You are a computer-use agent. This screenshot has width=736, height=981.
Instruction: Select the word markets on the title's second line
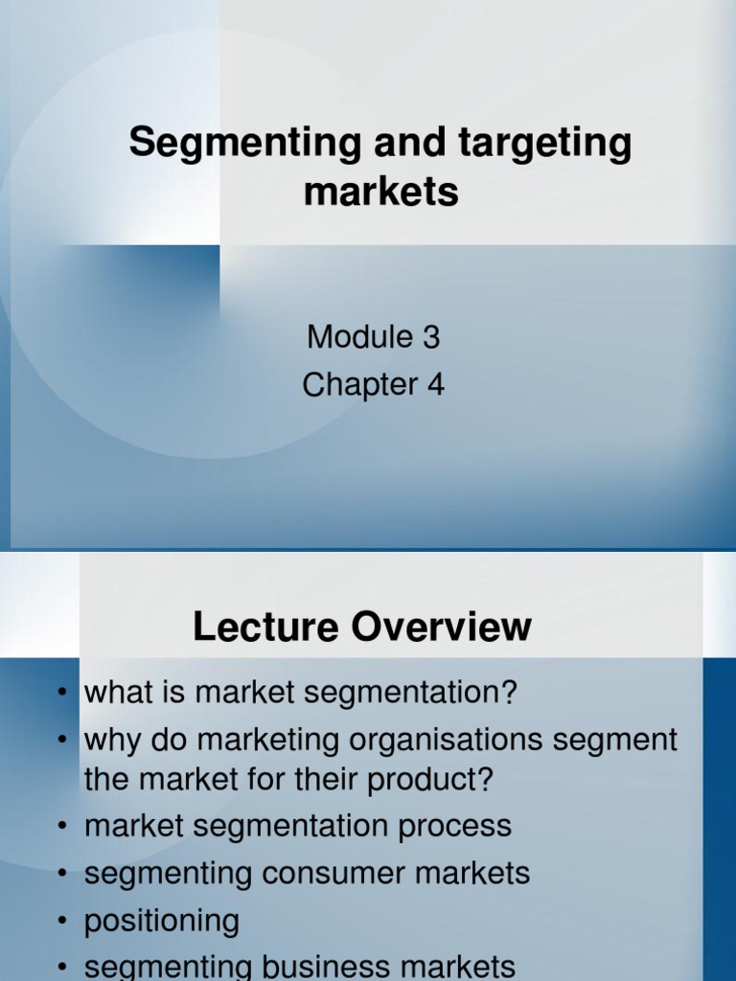pos(380,192)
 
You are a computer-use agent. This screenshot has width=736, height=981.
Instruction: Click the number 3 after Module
pos(430,337)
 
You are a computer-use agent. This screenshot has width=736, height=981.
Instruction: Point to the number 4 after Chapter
pos(435,385)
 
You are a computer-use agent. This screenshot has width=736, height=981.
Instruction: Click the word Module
pos(359,337)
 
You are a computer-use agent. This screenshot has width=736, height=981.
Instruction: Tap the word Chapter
pos(359,385)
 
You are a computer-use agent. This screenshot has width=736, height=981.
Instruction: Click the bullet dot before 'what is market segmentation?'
pos(61,693)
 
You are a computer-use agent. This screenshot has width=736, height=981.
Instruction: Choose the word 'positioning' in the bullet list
pos(162,922)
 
